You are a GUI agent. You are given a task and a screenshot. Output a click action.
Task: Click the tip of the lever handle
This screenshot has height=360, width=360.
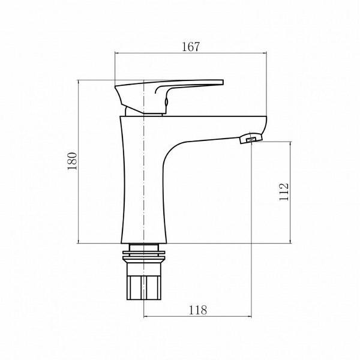[x=221, y=83]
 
